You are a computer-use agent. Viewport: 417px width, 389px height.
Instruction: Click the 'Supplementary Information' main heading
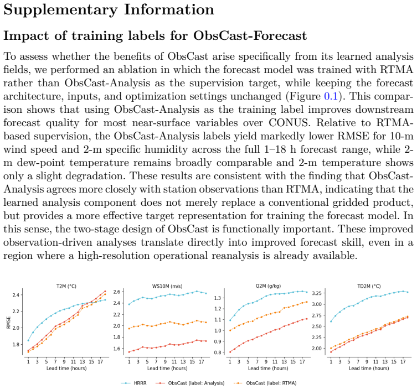coord(109,10)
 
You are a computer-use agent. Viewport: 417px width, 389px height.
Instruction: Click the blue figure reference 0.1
coord(331,96)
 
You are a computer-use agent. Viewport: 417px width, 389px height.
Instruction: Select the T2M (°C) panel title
coord(66,286)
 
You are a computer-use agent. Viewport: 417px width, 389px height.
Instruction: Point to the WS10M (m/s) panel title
coord(167,286)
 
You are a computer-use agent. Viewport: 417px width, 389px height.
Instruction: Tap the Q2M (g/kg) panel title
coord(268,286)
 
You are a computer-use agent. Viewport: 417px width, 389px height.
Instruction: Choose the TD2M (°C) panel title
coord(369,286)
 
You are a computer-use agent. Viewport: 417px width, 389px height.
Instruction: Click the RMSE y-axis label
coord(8,322)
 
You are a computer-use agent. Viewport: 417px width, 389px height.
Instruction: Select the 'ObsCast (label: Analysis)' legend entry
coord(190,383)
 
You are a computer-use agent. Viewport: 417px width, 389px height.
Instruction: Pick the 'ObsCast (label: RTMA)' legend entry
coord(265,383)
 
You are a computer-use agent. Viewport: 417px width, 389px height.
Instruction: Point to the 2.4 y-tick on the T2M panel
coord(16,295)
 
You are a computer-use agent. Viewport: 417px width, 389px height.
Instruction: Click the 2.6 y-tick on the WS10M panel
coord(117,292)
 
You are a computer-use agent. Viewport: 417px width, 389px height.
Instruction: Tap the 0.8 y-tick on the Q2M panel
coord(218,352)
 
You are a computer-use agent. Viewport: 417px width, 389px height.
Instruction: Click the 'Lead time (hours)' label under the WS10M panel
coord(167,369)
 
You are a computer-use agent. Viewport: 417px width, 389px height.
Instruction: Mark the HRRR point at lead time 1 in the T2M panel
coord(28,340)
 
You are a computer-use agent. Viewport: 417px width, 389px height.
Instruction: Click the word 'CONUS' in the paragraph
coord(289,122)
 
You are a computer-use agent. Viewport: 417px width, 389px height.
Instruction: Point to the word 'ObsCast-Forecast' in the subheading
coord(250,35)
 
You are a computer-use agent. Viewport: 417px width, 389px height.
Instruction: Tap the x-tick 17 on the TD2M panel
coord(403,362)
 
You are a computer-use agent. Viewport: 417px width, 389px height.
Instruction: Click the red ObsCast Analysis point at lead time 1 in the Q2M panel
coord(230,352)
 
